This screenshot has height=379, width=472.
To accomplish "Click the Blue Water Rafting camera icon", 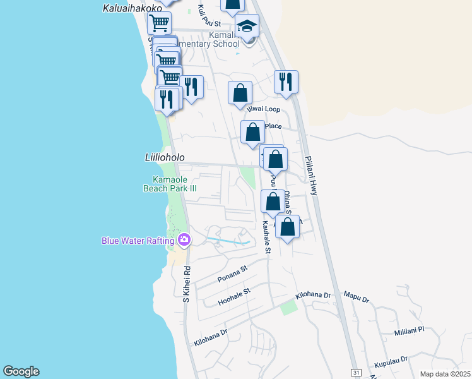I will (184, 239).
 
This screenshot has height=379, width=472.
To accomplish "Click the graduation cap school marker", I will (247, 27).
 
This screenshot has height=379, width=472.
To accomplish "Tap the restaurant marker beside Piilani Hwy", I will (286, 82).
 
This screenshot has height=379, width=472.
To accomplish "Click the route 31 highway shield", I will (356, 373).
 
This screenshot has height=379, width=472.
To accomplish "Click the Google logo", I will (21, 371).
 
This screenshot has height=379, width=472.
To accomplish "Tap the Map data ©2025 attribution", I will (445, 374).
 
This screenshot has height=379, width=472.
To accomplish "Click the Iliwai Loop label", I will (263, 109).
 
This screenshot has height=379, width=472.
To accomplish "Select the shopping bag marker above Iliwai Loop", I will (240, 93).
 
